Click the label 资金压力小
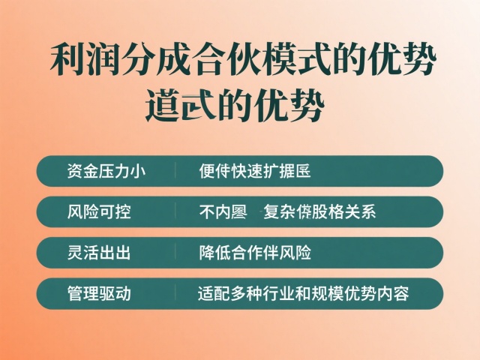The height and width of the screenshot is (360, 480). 106,171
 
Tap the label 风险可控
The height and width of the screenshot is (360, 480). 98,212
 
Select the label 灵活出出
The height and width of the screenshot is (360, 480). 98,253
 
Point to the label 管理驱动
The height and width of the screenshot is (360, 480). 98,293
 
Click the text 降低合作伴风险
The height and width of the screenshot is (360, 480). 255,253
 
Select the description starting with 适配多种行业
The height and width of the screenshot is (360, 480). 304,293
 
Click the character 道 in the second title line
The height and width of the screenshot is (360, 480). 163,107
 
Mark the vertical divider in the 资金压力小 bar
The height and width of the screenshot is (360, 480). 175,171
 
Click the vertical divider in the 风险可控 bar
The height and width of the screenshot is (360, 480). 175,212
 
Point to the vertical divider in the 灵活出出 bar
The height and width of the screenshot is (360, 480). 175,253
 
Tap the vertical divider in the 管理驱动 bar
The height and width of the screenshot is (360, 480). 175,293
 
